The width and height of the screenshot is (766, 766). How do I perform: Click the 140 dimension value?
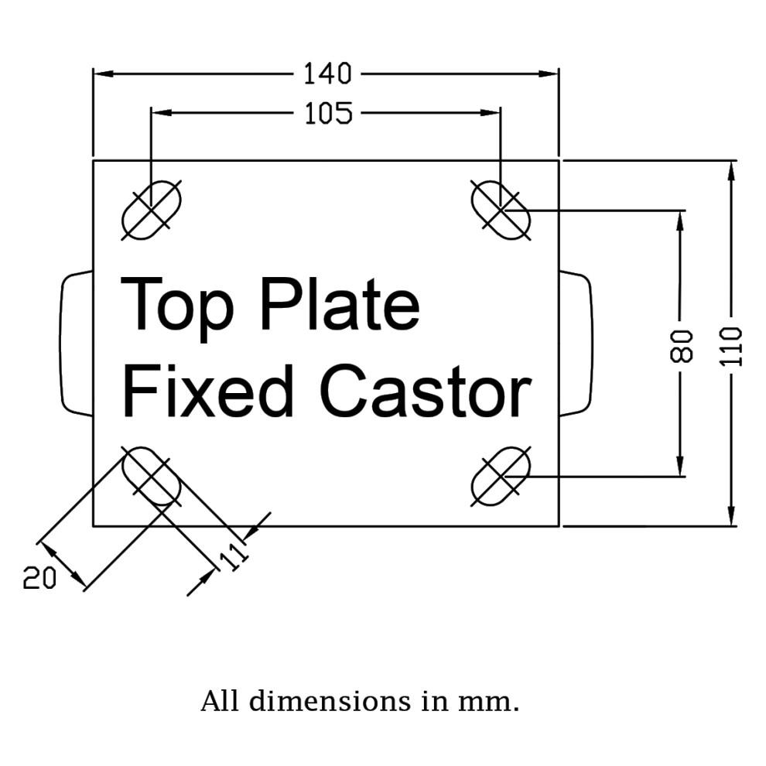pos(327,74)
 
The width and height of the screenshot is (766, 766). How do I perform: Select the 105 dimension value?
pos(328,113)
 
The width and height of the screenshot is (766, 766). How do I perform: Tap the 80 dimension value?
pos(681,347)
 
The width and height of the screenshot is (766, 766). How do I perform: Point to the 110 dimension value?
pos(731,347)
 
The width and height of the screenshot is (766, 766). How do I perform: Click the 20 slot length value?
pos(39,578)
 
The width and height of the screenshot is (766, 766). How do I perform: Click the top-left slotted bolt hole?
pos(152,210)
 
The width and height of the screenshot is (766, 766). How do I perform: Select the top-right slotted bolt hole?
pos(501,210)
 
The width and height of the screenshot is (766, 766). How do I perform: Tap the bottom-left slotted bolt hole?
pos(152,476)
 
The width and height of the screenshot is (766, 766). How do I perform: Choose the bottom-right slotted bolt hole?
pos(501,476)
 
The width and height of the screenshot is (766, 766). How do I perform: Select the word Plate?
pos(340,304)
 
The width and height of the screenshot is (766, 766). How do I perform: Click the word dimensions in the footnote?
pos(330,702)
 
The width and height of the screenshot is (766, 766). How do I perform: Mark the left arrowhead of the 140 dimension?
pos(104,74)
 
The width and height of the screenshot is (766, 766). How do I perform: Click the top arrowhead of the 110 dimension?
pos(731,171)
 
